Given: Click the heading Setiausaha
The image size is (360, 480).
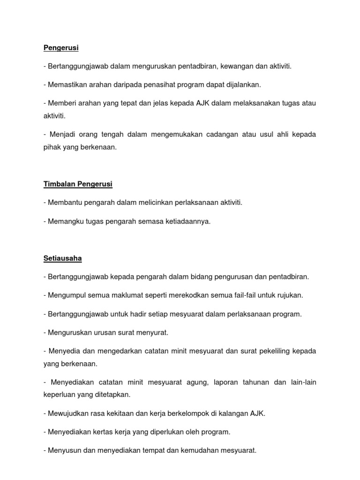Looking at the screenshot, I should pyautogui.click(x=63, y=258).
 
